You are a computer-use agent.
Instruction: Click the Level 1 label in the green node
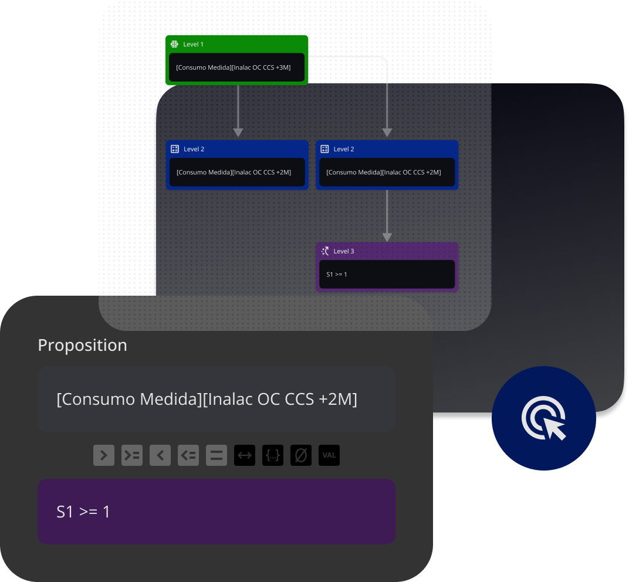(x=194, y=45)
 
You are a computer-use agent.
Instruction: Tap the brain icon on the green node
(x=174, y=44)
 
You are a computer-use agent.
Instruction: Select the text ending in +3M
(x=234, y=67)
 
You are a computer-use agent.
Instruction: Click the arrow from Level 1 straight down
(x=238, y=111)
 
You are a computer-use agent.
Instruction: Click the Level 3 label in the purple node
(x=344, y=251)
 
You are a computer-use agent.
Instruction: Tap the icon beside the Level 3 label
(x=325, y=251)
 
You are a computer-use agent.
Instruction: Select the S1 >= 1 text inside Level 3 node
(x=337, y=274)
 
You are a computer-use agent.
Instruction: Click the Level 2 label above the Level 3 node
(x=344, y=149)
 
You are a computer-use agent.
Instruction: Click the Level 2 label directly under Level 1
(x=194, y=149)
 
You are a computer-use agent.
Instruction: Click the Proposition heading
(x=82, y=345)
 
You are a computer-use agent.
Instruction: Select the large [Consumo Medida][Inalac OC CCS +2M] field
(x=216, y=400)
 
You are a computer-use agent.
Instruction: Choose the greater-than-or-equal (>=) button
(x=132, y=455)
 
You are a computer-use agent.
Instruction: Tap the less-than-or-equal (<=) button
(x=188, y=455)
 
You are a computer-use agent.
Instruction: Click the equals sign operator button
(x=217, y=455)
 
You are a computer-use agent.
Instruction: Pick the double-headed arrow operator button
(x=245, y=455)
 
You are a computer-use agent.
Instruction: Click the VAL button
(x=329, y=455)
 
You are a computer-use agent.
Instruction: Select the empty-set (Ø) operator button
(x=301, y=455)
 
